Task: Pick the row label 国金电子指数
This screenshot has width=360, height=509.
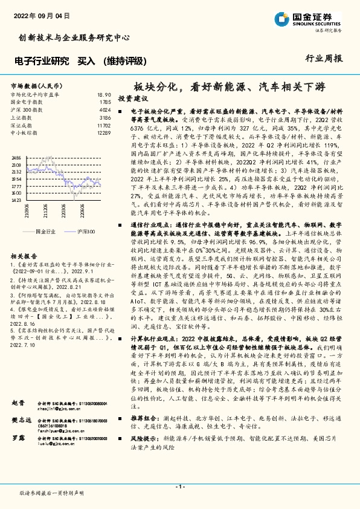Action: coord(26,102)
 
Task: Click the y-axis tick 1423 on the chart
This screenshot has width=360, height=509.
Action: coord(16,199)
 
